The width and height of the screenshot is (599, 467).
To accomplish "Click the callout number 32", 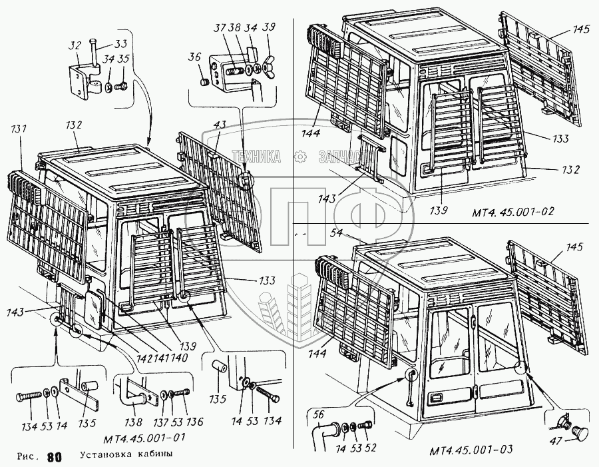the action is tap(75, 45).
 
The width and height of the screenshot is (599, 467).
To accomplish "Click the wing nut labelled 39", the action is tap(268, 69).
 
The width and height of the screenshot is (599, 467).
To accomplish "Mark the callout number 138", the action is tap(136, 421).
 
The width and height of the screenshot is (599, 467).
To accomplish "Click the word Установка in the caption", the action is tap(104, 456).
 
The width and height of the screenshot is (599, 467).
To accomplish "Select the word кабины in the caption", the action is tap(154, 456).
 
